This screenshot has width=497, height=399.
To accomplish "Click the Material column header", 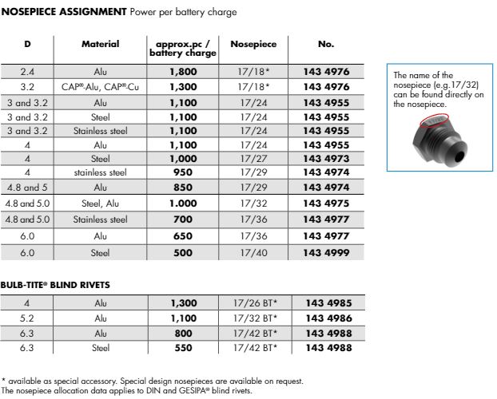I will coord(101,45).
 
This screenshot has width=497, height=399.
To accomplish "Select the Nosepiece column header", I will coord(253,45).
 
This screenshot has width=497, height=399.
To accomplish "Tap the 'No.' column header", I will coord(324,45).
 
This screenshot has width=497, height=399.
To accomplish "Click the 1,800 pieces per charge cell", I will coord(182,72).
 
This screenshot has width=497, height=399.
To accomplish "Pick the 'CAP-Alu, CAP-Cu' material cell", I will coord(101,86).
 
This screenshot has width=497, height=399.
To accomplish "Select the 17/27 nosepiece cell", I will coord(254,158).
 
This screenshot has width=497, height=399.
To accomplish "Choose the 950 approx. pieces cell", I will coord(182,172).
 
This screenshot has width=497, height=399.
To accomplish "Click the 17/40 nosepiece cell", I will coord(254,253).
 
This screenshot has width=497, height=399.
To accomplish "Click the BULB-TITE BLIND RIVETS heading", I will coord(55,284).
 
